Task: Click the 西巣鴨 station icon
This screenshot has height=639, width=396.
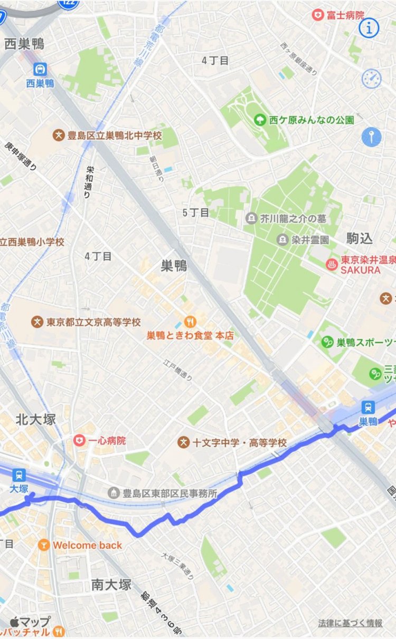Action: point(41,69)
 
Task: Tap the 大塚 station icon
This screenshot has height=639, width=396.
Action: point(19,475)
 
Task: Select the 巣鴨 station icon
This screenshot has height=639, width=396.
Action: point(368,406)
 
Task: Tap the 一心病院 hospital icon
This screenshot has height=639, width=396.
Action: point(79,440)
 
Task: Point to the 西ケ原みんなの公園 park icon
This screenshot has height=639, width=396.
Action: point(259,120)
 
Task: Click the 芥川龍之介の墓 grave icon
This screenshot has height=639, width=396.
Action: point(251,218)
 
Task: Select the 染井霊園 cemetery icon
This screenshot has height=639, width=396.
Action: point(282,240)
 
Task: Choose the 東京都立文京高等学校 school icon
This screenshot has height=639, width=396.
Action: point(37,322)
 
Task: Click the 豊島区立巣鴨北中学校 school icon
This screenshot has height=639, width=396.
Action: point(58,135)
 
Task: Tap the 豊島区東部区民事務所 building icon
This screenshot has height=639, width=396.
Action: point(113,493)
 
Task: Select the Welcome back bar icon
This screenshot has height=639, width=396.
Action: point(44,545)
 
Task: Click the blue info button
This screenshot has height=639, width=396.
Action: point(369,28)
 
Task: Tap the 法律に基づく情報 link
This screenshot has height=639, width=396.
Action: point(350,623)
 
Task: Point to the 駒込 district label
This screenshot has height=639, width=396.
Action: point(359,238)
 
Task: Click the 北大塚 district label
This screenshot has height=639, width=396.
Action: point(36,419)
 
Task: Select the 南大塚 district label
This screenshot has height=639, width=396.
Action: point(111,585)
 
